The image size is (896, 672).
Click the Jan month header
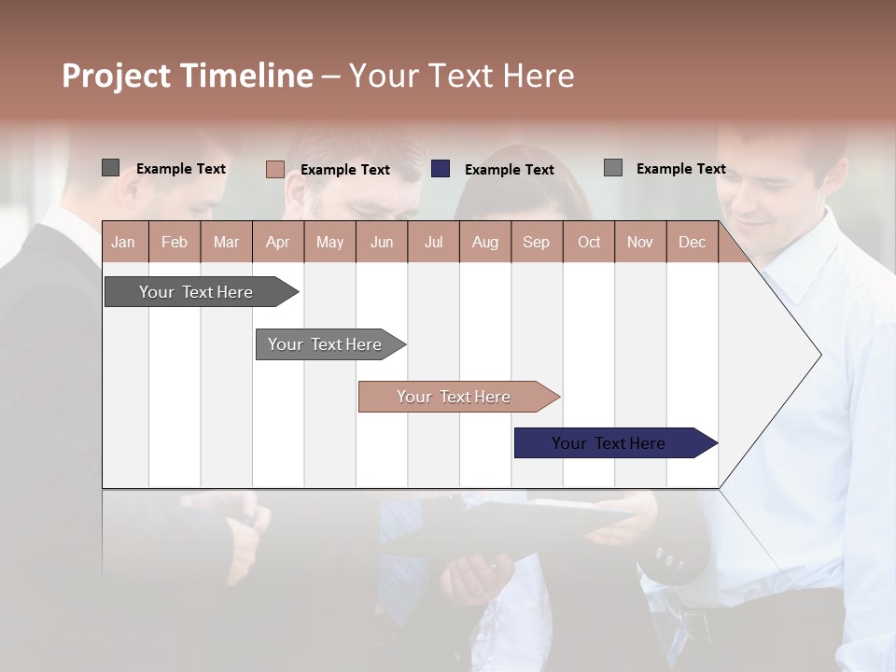[123, 242]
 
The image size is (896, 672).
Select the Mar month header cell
[226, 242]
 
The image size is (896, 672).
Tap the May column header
[329, 242]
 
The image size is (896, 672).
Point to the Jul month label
[433, 242]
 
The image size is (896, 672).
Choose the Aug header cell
[484, 242]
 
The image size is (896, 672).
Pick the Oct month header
[588, 242]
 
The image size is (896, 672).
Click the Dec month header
[692, 242]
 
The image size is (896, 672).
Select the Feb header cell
[175, 242]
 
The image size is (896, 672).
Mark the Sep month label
[536, 242]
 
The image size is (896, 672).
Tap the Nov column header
[639, 242]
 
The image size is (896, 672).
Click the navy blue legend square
[441, 168]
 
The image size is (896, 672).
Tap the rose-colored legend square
[274, 169]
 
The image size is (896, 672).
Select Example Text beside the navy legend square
[509, 170]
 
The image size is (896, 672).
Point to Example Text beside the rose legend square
[344, 170]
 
